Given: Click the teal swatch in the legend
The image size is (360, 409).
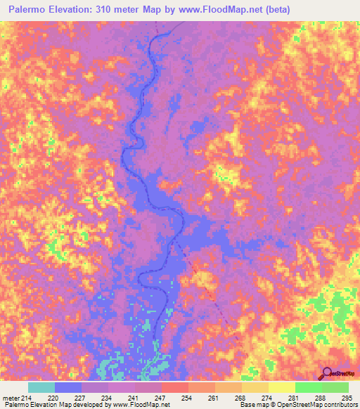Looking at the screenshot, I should tap(41, 387).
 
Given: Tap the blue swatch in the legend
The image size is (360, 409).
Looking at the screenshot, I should tap(68, 387).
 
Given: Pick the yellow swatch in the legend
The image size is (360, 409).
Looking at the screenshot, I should tap(282, 387).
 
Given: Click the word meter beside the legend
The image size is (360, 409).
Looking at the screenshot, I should tap(11, 398).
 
